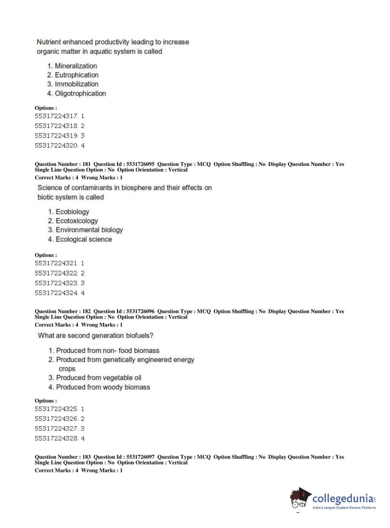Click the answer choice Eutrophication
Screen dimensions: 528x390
[x=76, y=75]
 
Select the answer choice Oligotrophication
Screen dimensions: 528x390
[x=80, y=93]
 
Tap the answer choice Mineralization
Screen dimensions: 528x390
[x=76, y=66]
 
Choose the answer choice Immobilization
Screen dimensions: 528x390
[x=76, y=84]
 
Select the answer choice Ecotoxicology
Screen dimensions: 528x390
[x=77, y=221]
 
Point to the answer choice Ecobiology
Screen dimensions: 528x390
[x=72, y=212]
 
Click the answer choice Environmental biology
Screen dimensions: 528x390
[x=89, y=230]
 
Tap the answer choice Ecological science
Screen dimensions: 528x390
[x=84, y=239]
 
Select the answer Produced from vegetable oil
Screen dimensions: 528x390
[x=99, y=378]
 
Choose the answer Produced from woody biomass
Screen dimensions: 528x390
[x=103, y=387]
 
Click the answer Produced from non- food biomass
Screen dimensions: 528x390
[x=108, y=351]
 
